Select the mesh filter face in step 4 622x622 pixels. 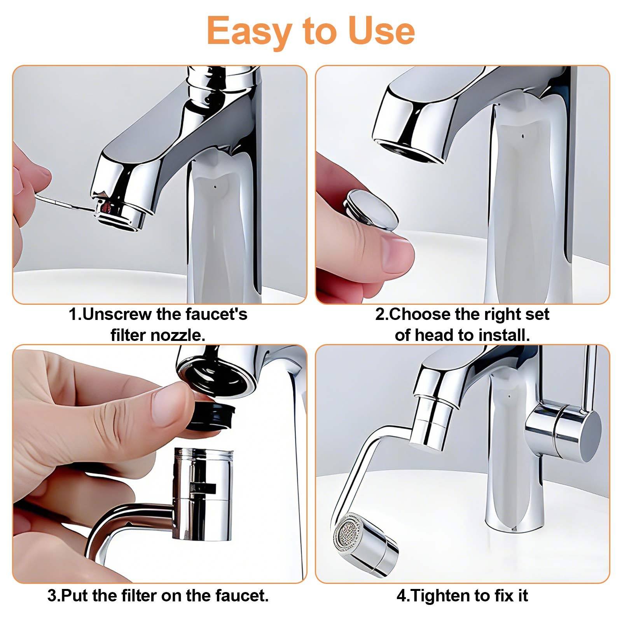(x=347, y=533)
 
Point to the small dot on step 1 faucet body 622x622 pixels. (x=215, y=187)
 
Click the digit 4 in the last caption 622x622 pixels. (x=401, y=596)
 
